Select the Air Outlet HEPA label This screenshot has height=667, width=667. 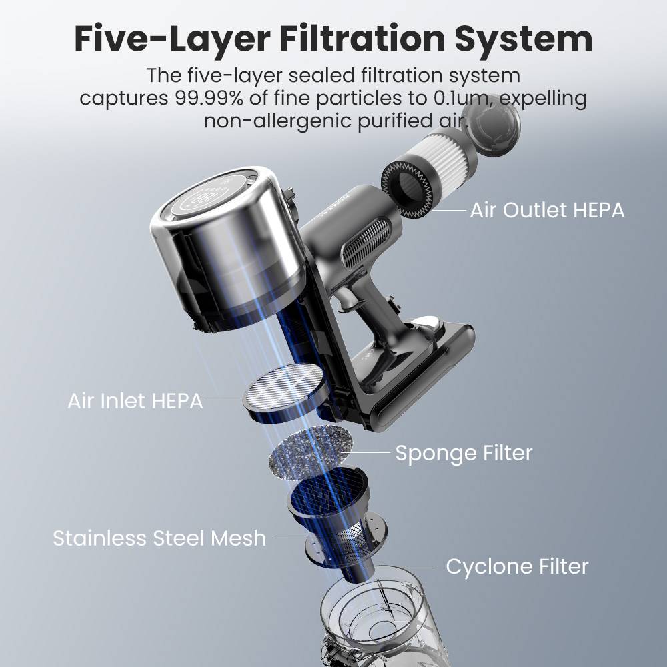[547, 210]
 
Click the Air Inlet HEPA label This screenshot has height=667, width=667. [135, 401]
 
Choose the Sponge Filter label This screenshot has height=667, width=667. [464, 453]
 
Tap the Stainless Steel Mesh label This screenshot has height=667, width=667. [159, 538]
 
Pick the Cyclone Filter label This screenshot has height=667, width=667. [517, 566]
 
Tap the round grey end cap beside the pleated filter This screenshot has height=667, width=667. [492, 124]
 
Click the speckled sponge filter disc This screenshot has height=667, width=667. [311, 453]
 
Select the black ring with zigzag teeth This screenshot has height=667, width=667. [408, 188]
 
